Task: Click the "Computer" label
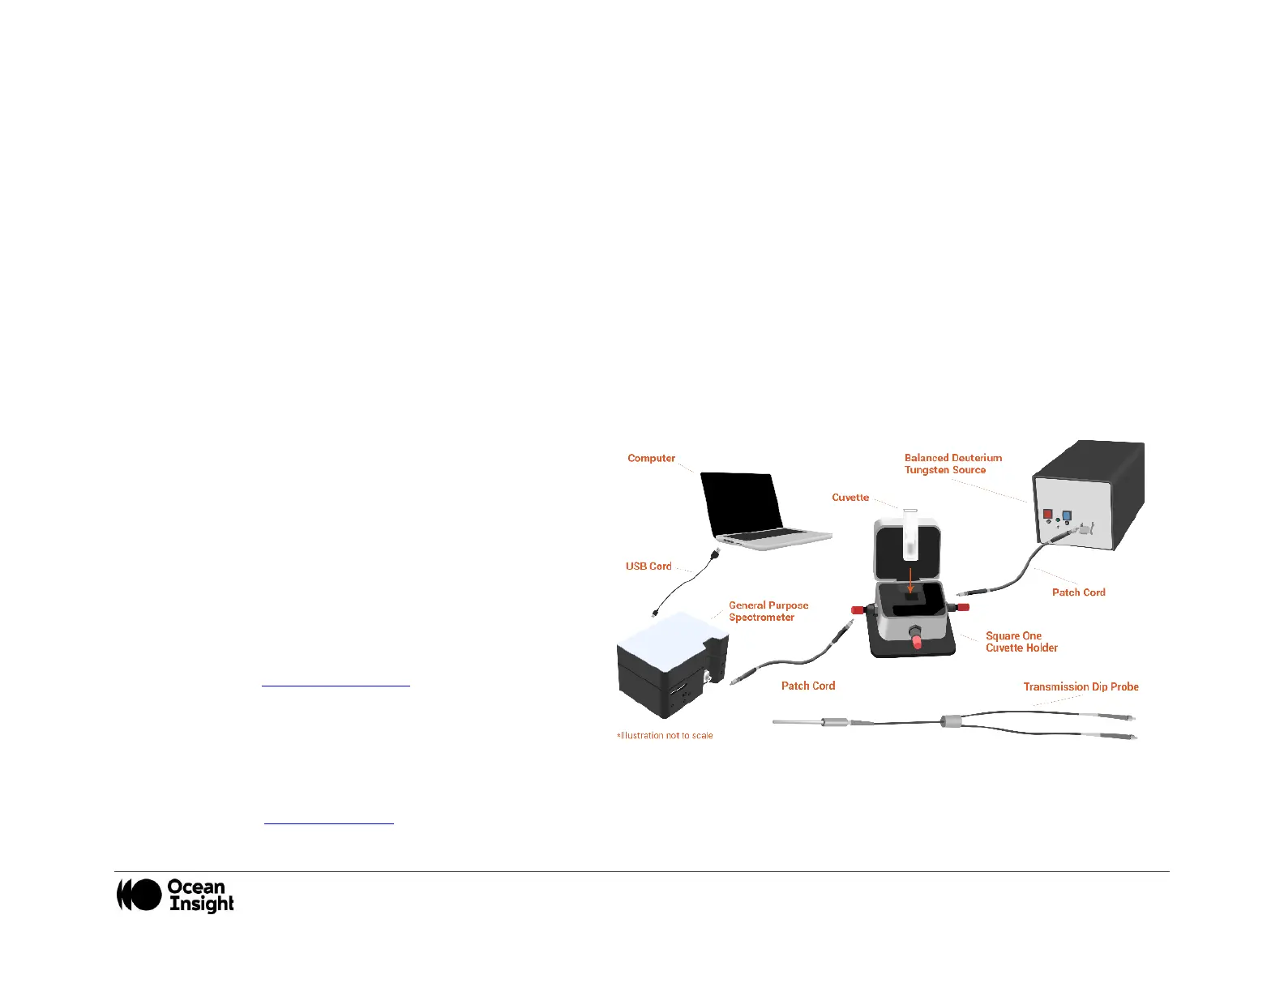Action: [651, 458]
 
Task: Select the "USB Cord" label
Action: [648, 567]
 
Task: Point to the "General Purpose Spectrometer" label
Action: [768, 611]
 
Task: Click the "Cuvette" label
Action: [850, 498]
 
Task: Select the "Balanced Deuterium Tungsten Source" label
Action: [952, 464]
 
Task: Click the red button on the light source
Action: [1047, 514]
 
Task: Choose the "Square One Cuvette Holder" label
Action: [1021, 642]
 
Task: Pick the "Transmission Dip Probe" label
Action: [1081, 686]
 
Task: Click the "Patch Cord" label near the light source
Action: [1078, 592]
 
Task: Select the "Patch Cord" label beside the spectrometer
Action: [807, 686]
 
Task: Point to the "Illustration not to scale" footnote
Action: [665, 736]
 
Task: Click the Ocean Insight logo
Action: [175, 895]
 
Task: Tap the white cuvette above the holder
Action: [910, 535]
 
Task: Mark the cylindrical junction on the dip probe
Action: [949, 720]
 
